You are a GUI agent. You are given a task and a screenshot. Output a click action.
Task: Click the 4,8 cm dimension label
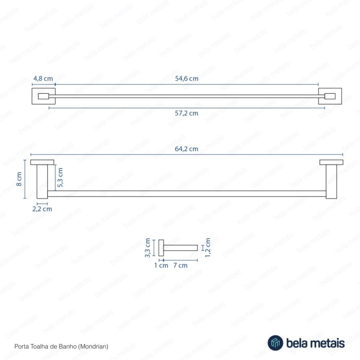point(43,79)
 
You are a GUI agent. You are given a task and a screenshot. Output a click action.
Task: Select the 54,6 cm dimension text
point(187,79)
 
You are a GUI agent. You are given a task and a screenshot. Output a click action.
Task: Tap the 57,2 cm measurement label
point(187,113)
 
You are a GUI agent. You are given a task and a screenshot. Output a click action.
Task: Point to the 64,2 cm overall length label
point(187,149)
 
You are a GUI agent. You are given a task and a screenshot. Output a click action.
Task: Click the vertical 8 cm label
point(19,179)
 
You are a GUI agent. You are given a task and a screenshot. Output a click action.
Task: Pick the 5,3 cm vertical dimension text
point(60,177)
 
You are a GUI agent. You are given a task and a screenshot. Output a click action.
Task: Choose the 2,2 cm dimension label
point(42,209)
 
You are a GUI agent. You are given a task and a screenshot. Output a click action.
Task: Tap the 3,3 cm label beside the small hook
point(148,248)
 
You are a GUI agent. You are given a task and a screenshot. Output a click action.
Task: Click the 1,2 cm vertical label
point(208,247)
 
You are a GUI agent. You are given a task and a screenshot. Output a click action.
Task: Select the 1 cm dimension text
point(161,265)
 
